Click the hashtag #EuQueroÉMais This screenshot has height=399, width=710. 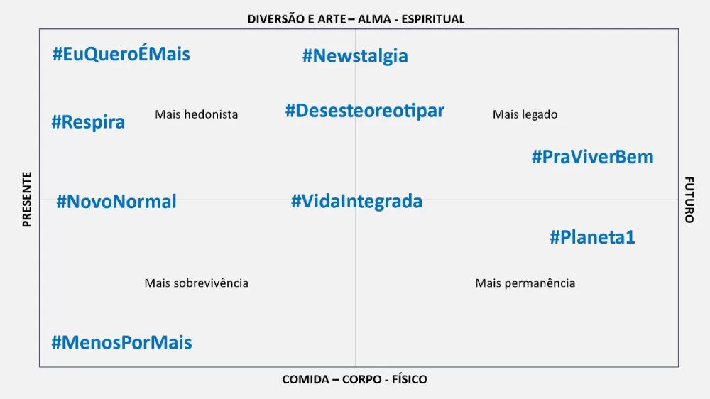coord(121,54)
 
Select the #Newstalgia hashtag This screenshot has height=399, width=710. coord(355,55)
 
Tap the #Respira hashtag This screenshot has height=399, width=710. coord(88,122)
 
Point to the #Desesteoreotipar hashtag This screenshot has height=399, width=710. coord(365,111)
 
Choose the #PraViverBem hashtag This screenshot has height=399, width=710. coord(592,157)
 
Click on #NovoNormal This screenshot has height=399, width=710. coord(116,202)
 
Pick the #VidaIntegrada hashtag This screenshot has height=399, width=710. coord(356,201)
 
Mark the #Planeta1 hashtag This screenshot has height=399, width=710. coord(592,237)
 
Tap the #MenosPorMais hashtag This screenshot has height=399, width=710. coord(121,343)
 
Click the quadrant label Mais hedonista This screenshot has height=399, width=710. coord(197,114)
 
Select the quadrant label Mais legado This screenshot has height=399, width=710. coord(525,114)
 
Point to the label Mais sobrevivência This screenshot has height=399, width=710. coord(197,283)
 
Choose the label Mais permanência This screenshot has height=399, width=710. coord(525,283)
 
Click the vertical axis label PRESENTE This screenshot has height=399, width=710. coord(27,199)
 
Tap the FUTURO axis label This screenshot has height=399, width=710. coord(689,199)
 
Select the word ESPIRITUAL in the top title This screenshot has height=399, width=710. coord(433,19)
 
